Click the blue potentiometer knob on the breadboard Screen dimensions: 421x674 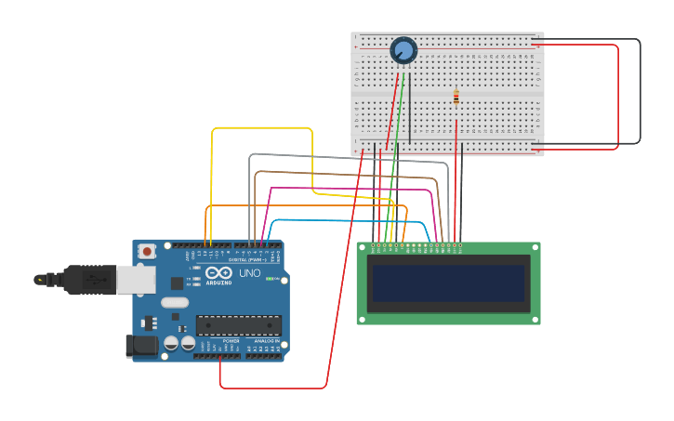403,50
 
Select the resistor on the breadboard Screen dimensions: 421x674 456,97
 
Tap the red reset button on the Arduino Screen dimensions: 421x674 147,251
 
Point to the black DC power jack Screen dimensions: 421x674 140,347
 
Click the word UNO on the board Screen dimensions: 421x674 250,273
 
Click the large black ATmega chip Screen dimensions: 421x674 238,324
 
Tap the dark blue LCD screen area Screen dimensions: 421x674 448,283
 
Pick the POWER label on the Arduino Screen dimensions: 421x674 231,341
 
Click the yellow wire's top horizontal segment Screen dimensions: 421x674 261,128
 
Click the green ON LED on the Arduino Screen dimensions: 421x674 269,279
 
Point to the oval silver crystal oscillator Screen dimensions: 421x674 174,302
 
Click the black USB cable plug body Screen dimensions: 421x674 87,279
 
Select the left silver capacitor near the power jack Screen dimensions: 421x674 172,343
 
